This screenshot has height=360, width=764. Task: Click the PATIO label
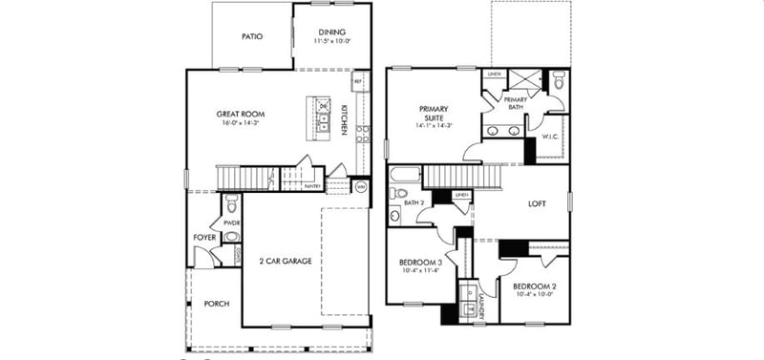click(x=251, y=37)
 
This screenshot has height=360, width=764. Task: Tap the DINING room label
click(x=331, y=32)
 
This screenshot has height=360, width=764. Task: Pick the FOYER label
click(x=204, y=237)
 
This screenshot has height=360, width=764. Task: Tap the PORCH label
click(x=217, y=304)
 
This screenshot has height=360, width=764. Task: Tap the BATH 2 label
click(x=413, y=203)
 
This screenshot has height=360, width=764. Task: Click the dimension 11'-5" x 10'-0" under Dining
click(x=332, y=41)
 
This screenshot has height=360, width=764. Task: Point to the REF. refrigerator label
click(x=357, y=82)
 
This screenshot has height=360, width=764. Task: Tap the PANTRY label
click(x=311, y=186)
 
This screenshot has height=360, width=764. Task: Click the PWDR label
click(x=231, y=222)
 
